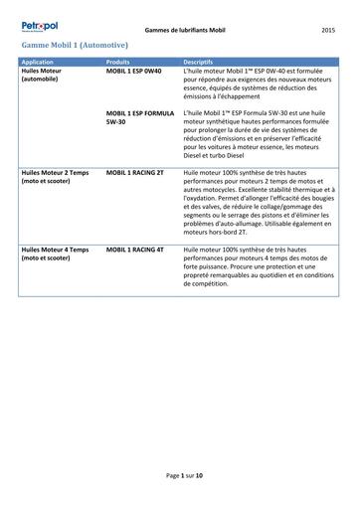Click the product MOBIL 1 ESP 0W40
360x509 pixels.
pyautogui.click(x=133, y=73)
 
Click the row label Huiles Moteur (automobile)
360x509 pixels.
pyautogui.click(x=44, y=77)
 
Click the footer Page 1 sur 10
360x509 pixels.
pyautogui.click(x=184, y=476)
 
